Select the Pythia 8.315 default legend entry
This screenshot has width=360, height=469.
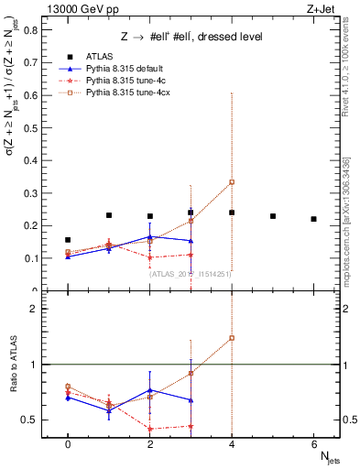click(120, 69)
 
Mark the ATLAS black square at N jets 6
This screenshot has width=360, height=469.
click(313, 219)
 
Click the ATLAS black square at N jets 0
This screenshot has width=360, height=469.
click(68, 240)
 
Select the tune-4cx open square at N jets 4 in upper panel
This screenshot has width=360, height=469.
click(232, 182)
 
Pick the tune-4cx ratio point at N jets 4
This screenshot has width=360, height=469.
click(232, 338)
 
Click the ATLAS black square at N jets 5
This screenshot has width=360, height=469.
click(273, 216)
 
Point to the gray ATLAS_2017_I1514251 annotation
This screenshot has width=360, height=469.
click(190, 273)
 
